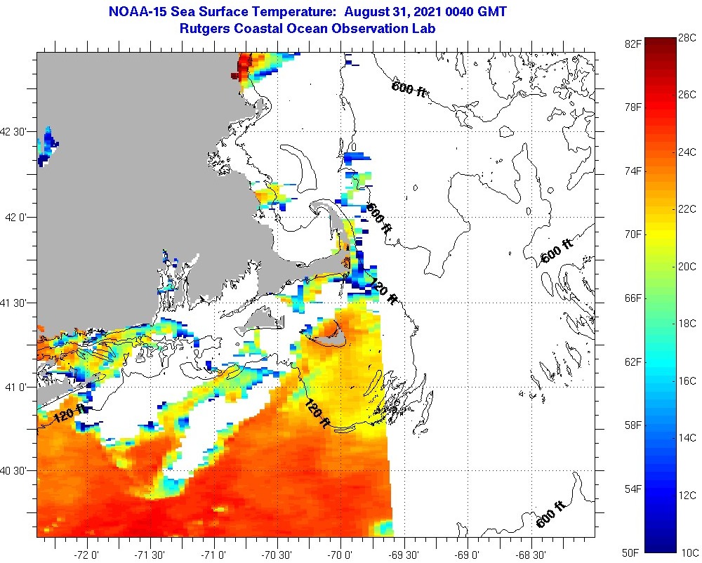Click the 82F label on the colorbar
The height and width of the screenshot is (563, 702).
click(633, 44)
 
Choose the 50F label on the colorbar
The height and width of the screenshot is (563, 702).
click(633, 552)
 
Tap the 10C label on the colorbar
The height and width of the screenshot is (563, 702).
click(688, 552)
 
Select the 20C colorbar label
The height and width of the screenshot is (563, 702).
click(688, 266)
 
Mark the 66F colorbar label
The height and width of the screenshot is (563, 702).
click(633, 298)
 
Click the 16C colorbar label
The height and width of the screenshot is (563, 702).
click(688, 381)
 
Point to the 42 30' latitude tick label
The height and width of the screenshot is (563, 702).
click(17, 131)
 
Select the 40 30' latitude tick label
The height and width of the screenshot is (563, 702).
click(17, 471)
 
